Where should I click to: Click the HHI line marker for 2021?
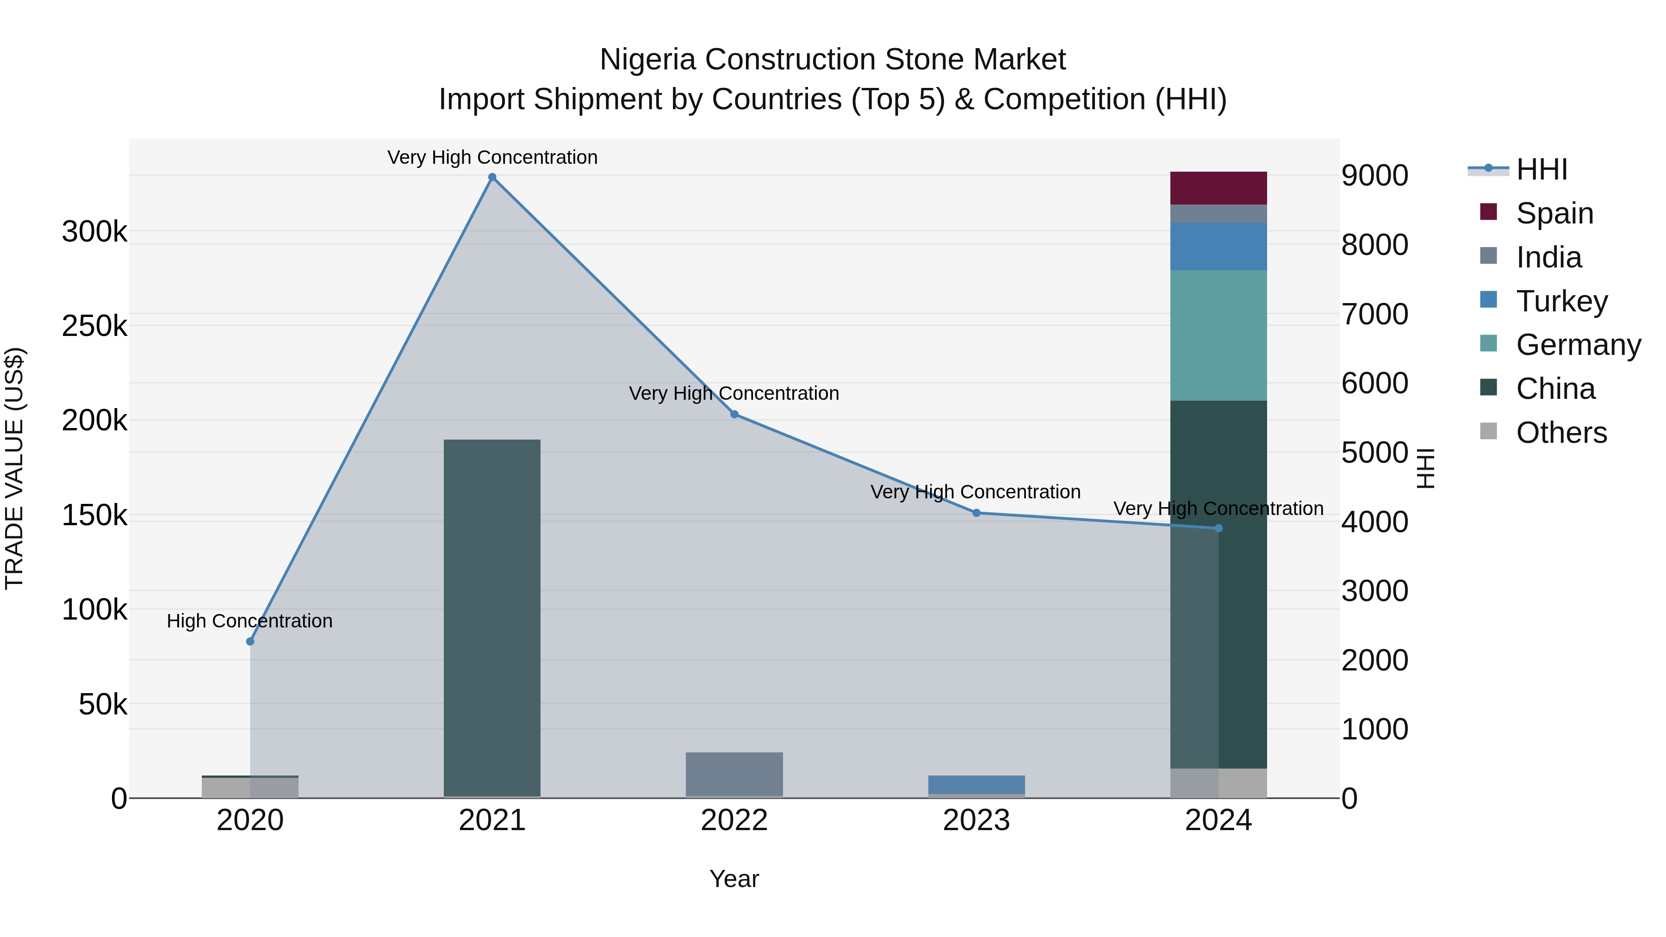pyautogui.click(x=492, y=177)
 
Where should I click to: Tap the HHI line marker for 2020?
pyautogui.click(x=250, y=641)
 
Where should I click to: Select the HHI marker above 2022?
pyautogui.click(x=734, y=415)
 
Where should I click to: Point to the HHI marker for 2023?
pyautogui.click(x=976, y=513)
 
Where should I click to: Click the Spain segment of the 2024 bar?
pyautogui.click(x=1218, y=188)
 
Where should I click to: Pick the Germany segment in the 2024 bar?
pyautogui.click(x=1218, y=335)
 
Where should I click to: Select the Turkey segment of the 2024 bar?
pyautogui.click(x=1218, y=246)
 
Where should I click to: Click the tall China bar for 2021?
pyautogui.click(x=492, y=618)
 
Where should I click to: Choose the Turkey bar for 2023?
pyautogui.click(x=976, y=784)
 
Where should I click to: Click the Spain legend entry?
pyautogui.click(x=1554, y=213)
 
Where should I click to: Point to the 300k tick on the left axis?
pyautogui.click(x=94, y=231)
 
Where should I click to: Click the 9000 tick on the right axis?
pyautogui.click(x=1375, y=175)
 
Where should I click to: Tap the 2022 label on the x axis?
pyautogui.click(x=734, y=820)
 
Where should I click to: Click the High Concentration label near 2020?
pyautogui.click(x=249, y=621)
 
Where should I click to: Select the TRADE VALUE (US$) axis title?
pyautogui.click(x=14, y=468)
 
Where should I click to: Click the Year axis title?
pyautogui.click(x=734, y=879)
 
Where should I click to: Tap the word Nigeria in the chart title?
pyautogui.click(x=648, y=60)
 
